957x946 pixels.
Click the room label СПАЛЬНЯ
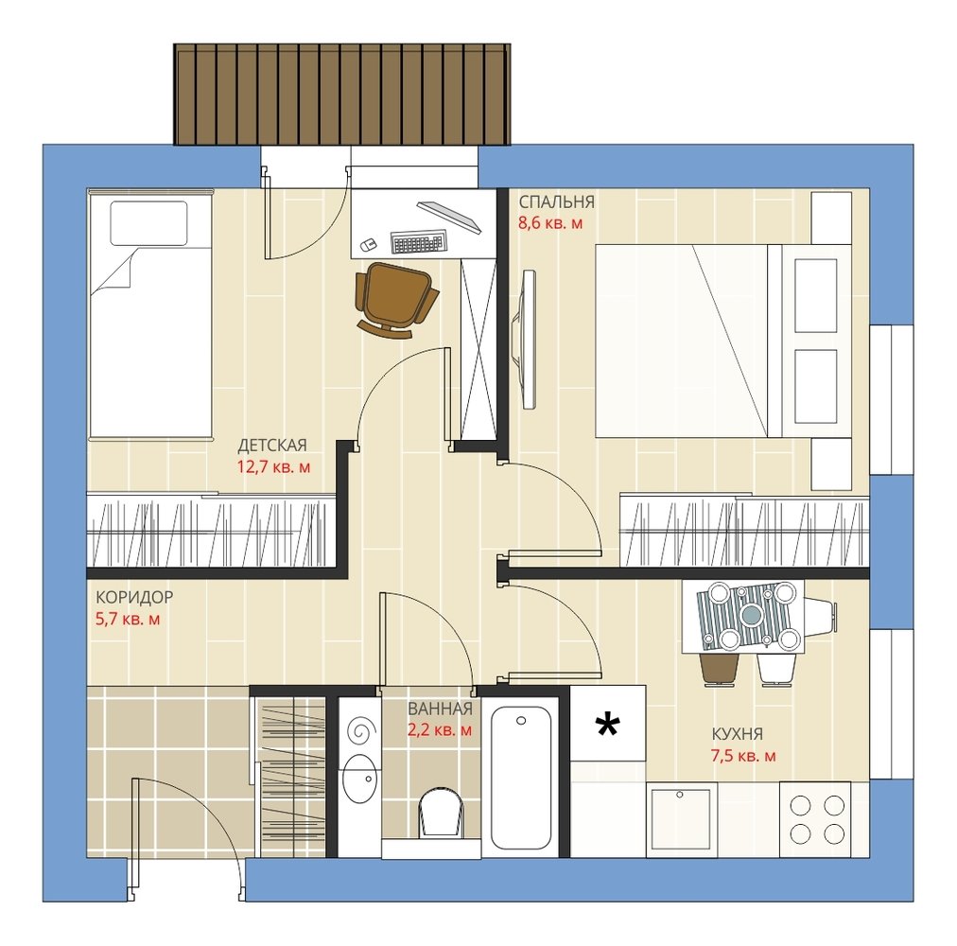click(x=556, y=202)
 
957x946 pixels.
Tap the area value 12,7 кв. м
click(x=273, y=467)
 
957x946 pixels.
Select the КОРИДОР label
click(x=134, y=597)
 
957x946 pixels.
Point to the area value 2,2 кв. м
click(x=440, y=729)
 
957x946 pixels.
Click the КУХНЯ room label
click(x=738, y=733)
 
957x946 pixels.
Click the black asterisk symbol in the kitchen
click(x=608, y=725)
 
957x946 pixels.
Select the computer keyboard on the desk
click(x=419, y=241)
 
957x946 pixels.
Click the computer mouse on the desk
click(x=368, y=245)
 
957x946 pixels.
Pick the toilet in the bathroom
click(x=441, y=812)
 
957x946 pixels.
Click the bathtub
click(x=521, y=778)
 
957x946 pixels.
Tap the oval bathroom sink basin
click(x=358, y=779)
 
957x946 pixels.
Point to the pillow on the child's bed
click(x=148, y=223)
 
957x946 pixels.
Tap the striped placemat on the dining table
click(x=744, y=614)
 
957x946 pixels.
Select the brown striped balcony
click(x=341, y=94)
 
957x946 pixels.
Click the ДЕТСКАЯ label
click(x=272, y=446)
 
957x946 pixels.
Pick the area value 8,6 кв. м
click(x=550, y=223)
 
